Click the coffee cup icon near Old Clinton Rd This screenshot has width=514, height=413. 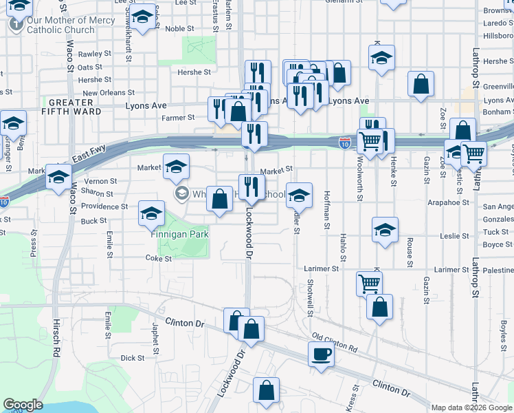pyautogui.click(x=321, y=355)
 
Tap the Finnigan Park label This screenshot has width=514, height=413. pyautogui.click(x=179, y=234)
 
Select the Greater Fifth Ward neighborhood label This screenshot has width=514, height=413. pyautogui.click(x=67, y=106)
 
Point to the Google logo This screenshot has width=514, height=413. pyautogui.click(x=23, y=405)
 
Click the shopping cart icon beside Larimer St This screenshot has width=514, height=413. pyautogui.click(x=369, y=282)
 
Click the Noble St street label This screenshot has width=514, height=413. pyautogui.click(x=180, y=29)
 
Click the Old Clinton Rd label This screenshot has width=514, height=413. pyautogui.click(x=334, y=343)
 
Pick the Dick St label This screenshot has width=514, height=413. pyautogui.click(x=132, y=358)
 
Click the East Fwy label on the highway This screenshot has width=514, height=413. pyautogui.click(x=89, y=158)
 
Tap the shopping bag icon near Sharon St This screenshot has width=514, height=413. pyautogui.click(x=219, y=200)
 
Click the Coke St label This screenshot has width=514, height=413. pyautogui.click(x=158, y=258)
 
